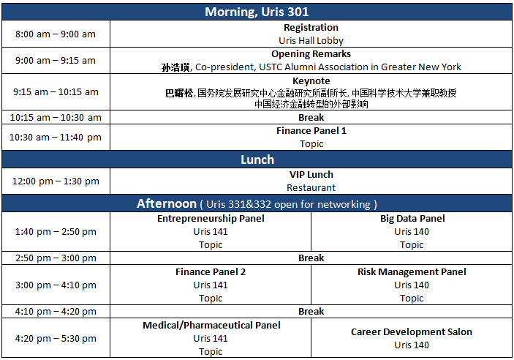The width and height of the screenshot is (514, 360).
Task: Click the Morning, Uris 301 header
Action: [257, 12]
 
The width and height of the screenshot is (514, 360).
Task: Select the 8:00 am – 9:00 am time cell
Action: [56, 34]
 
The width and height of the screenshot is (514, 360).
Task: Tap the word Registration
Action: [311, 28]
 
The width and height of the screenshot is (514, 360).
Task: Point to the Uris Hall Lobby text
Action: [311, 41]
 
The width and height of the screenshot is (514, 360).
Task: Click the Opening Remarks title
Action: [311, 54]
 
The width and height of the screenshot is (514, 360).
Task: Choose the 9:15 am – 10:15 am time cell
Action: [56, 92]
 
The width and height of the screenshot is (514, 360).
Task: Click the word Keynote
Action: [311, 81]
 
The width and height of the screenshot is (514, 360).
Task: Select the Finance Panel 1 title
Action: [311, 131]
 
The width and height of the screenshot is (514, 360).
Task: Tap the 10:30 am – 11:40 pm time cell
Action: [56, 138]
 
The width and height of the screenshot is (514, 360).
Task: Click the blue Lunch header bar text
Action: [257, 160]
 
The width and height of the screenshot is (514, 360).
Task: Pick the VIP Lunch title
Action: [311, 175]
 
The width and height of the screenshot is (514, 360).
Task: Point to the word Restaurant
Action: [311, 188]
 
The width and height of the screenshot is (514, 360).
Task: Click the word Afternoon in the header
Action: [167, 204]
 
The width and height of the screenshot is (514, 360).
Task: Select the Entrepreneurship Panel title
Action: [211, 219]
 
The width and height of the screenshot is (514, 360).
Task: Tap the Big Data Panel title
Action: [412, 219]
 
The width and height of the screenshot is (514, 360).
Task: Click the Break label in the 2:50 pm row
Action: [311, 258]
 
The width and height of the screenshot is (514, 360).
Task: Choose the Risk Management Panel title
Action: [412, 272]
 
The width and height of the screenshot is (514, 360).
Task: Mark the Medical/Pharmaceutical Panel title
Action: [211, 326]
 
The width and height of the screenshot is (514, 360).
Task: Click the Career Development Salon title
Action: [412, 332]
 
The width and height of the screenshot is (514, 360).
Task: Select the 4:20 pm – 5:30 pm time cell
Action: [56, 339]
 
